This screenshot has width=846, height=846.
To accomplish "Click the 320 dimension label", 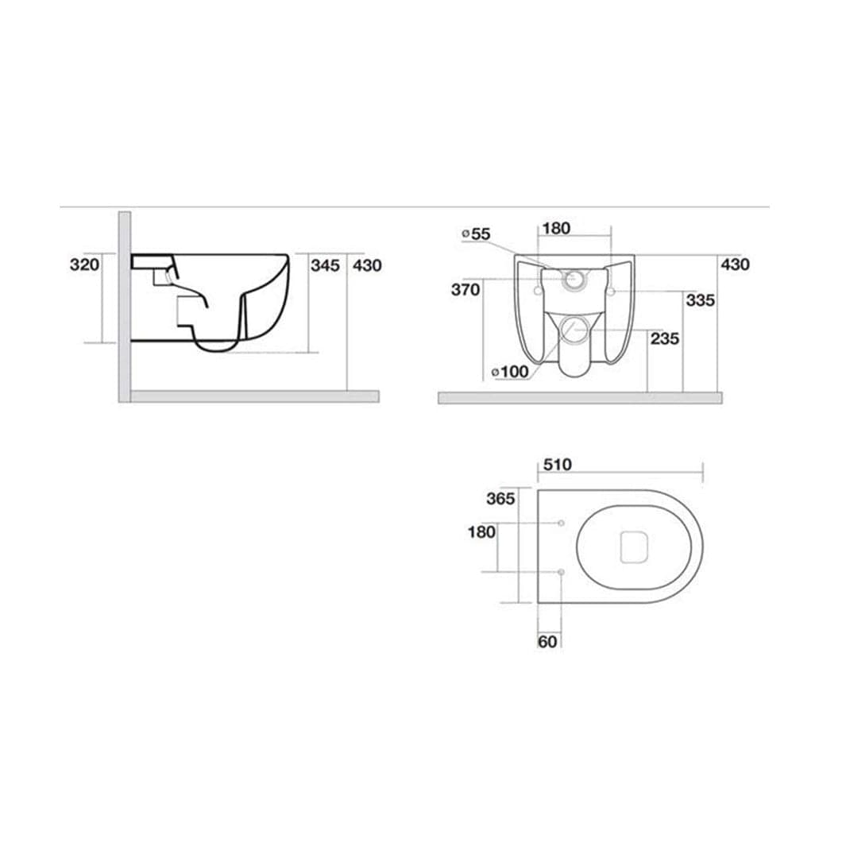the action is (x=85, y=265).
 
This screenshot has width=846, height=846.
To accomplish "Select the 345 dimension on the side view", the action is (x=326, y=265).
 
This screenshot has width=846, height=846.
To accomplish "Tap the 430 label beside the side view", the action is (x=367, y=265).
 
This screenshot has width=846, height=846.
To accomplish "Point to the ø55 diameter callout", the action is (x=477, y=234).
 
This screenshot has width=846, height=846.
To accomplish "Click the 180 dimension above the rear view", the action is (x=556, y=229).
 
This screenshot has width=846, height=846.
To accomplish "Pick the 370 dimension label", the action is (x=465, y=290).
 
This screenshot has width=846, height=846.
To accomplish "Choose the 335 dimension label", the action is (x=701, y=300).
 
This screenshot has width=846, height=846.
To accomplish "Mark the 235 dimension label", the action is (x=665, y=339).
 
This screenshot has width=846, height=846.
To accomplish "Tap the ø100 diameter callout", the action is (x=511, y=372).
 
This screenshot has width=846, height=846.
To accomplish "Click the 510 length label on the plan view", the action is (x=558, y=465).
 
